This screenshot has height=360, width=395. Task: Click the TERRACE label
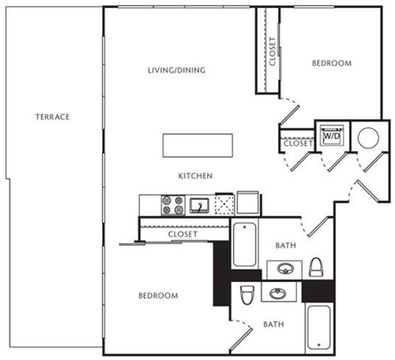(52, 117)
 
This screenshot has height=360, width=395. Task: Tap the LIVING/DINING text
(176, 70)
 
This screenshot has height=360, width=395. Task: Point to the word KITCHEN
(197, 176)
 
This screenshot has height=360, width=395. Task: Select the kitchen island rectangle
(197, 145)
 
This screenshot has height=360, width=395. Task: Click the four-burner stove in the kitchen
(173, 204)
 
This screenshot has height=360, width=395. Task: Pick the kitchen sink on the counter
(197, 205)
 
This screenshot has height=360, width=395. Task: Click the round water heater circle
(367, 136)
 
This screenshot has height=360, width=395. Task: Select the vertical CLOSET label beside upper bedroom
(272, 51)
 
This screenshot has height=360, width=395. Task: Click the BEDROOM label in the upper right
(332, 63)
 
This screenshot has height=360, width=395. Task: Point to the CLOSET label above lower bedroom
(181, 234)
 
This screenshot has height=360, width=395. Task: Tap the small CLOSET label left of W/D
(297, 144)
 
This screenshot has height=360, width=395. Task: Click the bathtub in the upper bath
(245, 244)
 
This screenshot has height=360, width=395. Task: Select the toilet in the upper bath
(316, 266)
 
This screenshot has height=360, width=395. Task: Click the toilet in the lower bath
(245, 294)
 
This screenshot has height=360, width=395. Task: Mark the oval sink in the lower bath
(275, 292)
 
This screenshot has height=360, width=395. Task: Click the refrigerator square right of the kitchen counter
(248, 203)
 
